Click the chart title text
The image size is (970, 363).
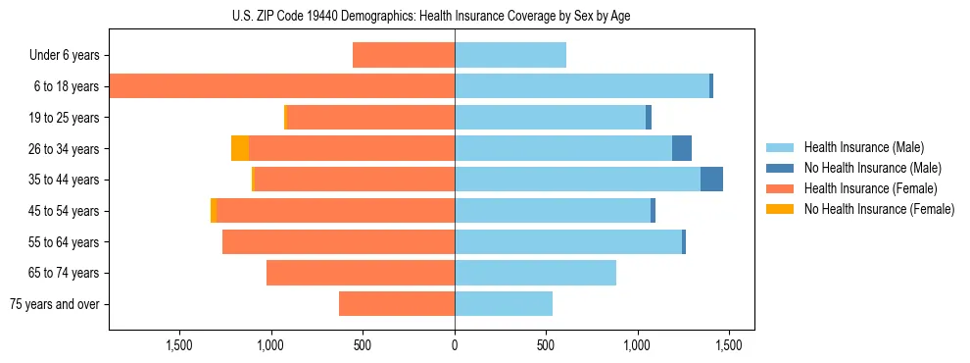click(431, 17)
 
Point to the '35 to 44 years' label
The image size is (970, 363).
click(65, 180)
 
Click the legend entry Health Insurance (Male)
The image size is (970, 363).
click(863, 147)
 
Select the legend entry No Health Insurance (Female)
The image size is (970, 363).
click(879, 209)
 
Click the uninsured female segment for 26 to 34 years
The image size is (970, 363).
click(240, 148)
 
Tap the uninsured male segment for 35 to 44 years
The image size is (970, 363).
click(711, 180)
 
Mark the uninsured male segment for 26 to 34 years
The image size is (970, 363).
click(682, 148)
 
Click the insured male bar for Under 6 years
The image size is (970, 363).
click(510, 56)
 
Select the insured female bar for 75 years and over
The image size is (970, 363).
click(397, 304)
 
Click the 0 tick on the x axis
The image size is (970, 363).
click(455, 344)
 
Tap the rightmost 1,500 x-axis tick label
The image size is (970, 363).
click(728, 344)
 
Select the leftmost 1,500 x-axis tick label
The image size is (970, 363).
click(179, 344)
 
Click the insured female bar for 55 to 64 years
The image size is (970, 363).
click(339, 241)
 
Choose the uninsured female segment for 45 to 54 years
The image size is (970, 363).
click(213, 211)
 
